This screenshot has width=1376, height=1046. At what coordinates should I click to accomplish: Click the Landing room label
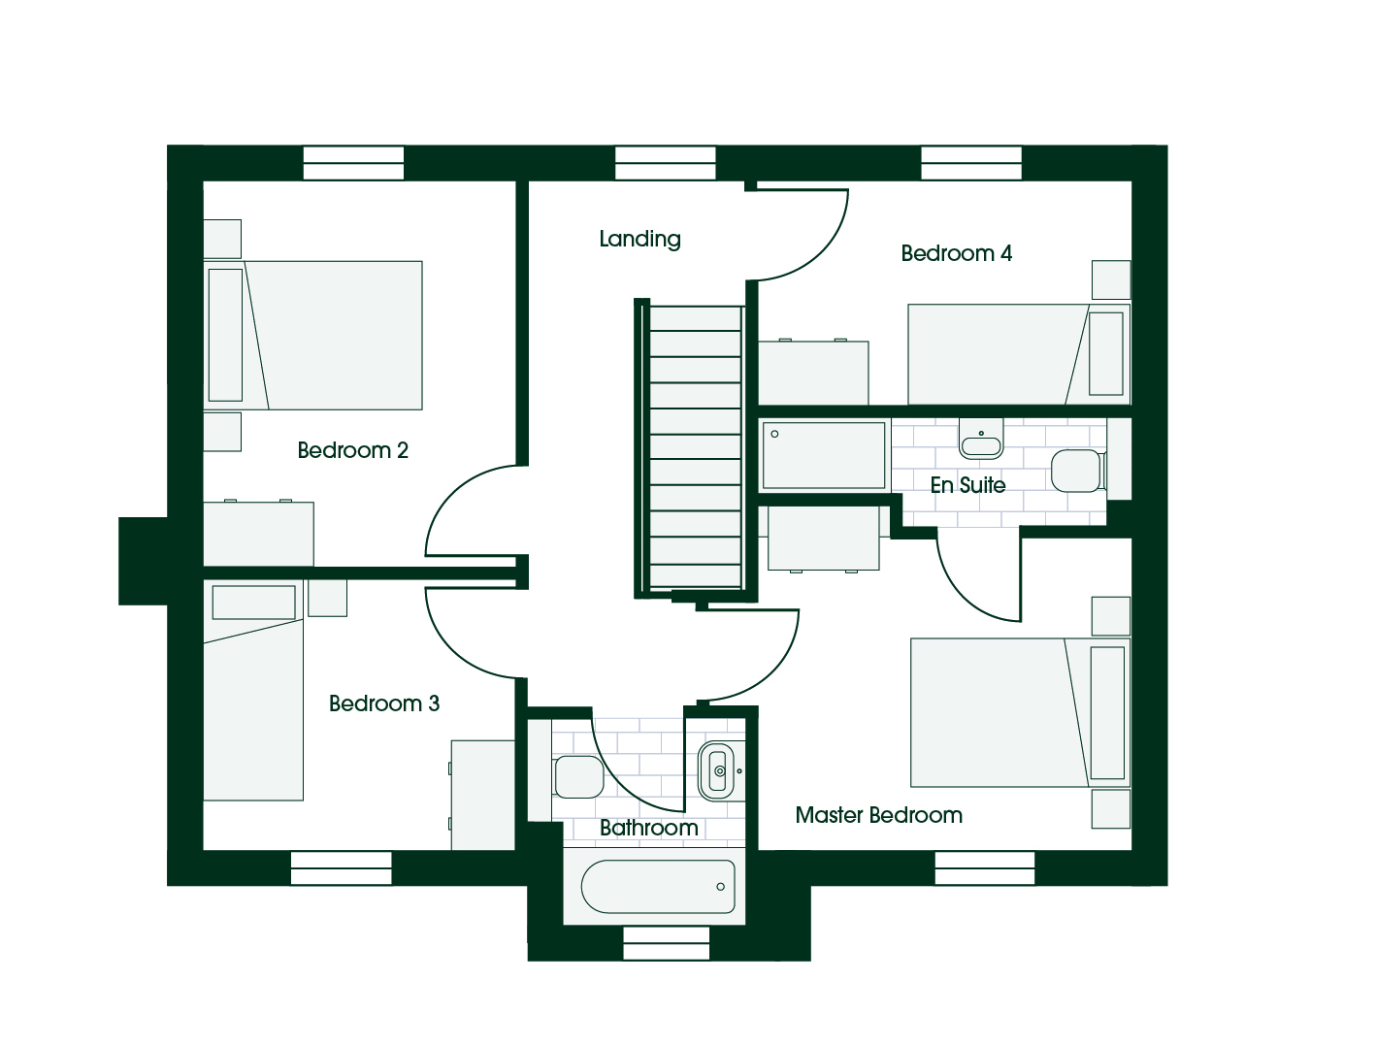(x=639, y=239)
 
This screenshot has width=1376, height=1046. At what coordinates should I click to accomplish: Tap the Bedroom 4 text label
(x=956, y=253)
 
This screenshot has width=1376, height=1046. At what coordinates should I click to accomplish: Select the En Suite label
(x=967, y=484)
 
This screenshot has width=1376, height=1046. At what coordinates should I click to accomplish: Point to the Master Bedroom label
(x=878, y=815)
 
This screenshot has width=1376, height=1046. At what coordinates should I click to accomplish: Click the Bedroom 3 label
(x=383, y=703)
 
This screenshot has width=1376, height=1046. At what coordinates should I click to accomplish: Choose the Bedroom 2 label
(x=352, y=450)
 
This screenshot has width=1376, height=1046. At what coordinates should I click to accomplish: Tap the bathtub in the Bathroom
(x=658, y=886)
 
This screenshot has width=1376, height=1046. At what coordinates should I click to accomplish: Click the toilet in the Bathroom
(x=576, y=776)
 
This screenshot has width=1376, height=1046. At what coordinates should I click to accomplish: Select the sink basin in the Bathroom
(x=716, y=771)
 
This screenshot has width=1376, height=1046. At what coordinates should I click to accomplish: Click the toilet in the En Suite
(x=1077, y=470)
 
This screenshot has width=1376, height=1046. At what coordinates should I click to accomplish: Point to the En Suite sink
(x=981, y=440)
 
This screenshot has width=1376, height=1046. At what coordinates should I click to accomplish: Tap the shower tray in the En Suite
(x=824, y=455)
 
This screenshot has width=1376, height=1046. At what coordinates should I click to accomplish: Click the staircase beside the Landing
(x=695, y=447)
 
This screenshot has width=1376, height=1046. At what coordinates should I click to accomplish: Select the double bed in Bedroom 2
(x=312, y=336)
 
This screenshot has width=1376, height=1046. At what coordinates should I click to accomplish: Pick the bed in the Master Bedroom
(x=1020, y=712)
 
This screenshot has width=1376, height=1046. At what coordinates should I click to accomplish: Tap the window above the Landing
(x=665, y=163)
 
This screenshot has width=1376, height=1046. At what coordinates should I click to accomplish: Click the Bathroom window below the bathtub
(x=667, y=943)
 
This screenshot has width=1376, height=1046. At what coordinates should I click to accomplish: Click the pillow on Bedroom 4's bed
(x=1106, y=354)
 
